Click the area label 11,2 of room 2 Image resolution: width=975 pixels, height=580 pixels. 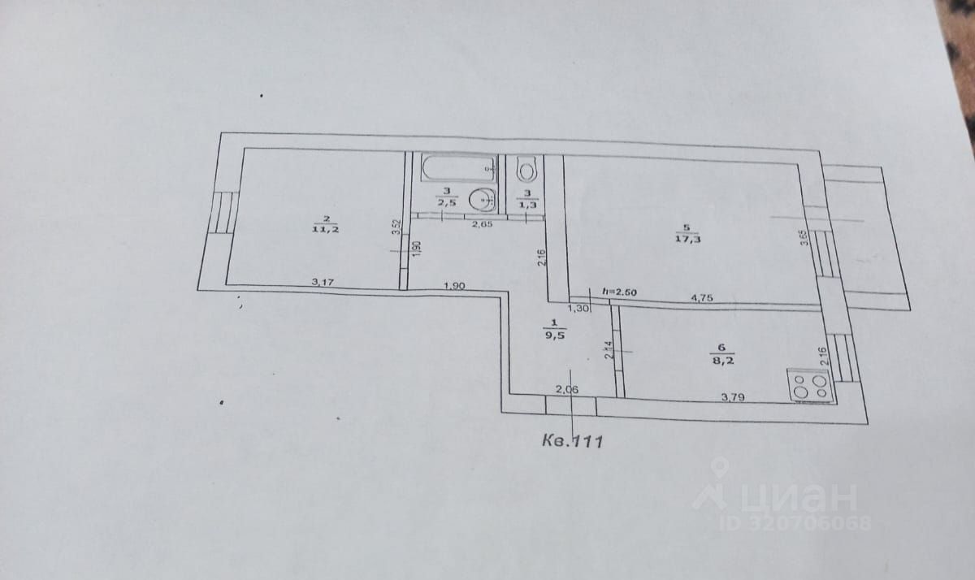point(325,230)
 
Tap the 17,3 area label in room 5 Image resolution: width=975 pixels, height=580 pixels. point(687,238)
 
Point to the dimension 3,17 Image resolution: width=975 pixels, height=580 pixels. point(324,283)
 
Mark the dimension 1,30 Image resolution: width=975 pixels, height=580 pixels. point(578,308)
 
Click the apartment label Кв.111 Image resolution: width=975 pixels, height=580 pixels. point(571,441)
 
